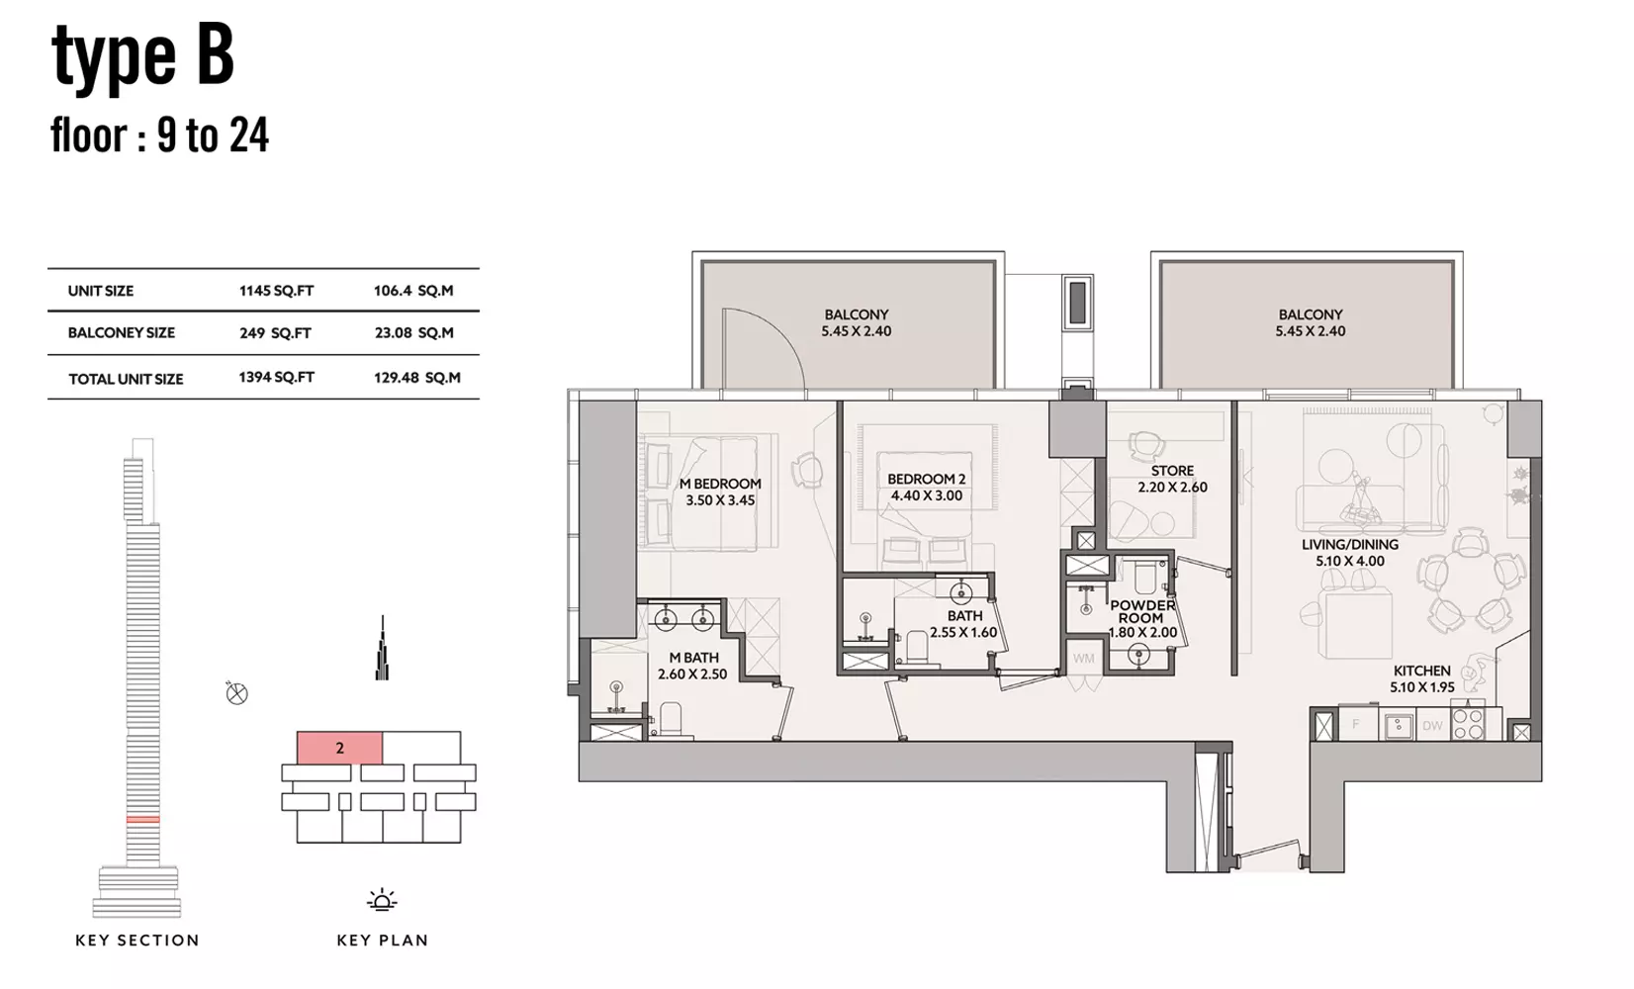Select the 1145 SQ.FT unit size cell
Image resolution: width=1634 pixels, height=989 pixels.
(277, 291)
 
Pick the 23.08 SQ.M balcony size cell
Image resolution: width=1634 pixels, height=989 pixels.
(413, 332)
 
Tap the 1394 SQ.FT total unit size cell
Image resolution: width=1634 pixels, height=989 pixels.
(277, 377)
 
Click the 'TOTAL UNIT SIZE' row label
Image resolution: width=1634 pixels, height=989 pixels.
(126, 379)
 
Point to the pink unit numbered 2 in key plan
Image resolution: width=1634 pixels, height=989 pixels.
(340, 748)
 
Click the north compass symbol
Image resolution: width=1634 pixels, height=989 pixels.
(236, 692)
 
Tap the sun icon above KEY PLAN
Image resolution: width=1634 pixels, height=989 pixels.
(382, 901)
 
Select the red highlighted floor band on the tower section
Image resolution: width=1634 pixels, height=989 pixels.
(142, 819)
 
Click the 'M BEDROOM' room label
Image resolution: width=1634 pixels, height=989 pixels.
(720, 484)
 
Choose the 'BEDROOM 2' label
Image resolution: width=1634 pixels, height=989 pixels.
(927, 480)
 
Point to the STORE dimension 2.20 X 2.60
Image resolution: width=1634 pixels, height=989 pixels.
(1172, 488)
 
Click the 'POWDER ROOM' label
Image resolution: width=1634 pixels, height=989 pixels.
(1143, 611)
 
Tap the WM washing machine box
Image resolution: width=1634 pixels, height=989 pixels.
(1083, 659)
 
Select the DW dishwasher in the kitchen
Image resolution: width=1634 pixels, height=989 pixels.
(1432, 725)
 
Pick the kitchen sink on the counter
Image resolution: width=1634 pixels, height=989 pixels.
(1398, 725)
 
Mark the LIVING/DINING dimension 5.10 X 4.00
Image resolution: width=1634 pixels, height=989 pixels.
(1349, 561)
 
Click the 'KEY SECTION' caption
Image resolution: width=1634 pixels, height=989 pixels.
(137, 941)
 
